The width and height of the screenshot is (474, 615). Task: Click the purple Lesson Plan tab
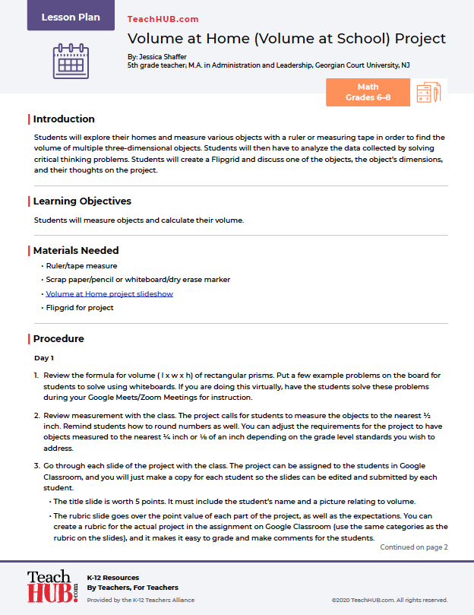point(71,17)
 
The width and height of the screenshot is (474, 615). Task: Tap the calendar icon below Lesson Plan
point(71,62)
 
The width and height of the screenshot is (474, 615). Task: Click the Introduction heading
point(64,119)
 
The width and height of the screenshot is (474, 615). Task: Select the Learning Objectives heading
point(82,201)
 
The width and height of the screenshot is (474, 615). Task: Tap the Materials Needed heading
point(76,250)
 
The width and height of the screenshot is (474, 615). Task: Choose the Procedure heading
point(58,339)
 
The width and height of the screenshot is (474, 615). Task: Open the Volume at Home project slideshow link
point(109,293)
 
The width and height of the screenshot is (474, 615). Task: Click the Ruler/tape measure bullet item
point(81,266)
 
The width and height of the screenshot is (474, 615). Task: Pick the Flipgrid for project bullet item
point(80,308)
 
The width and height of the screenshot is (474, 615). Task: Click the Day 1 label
point(44,357)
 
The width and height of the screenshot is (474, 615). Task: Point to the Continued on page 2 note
point(414,547)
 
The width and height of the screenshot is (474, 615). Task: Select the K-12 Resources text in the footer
point(113,578)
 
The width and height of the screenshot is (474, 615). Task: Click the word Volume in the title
point(155,38)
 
